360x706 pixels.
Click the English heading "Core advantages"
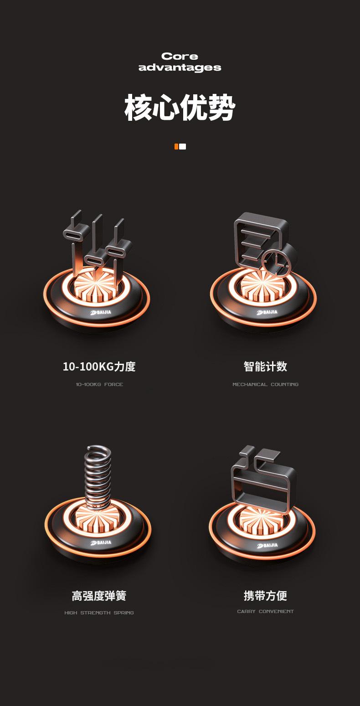click(x=180, y=62)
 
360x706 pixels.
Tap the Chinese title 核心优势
click(x=180, y=108)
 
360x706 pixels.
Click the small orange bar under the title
click(x=176, y=146)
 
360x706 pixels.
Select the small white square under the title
click(x=183, y=146)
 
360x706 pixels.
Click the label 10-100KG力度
click(x=99, y=366)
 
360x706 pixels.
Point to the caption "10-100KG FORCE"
click(x=99, y=385)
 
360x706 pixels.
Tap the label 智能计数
click(x=265, y=366)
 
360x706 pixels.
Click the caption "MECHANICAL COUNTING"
click(x=265, y=385)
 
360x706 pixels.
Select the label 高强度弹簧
click(x=99, y=596)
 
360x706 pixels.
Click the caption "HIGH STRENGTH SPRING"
click(x=99, y=613)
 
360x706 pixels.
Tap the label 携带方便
click(x=265, y=595)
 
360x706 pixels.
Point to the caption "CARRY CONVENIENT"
click(x=265, y=612)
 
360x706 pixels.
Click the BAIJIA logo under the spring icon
click(x=101, y=543)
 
